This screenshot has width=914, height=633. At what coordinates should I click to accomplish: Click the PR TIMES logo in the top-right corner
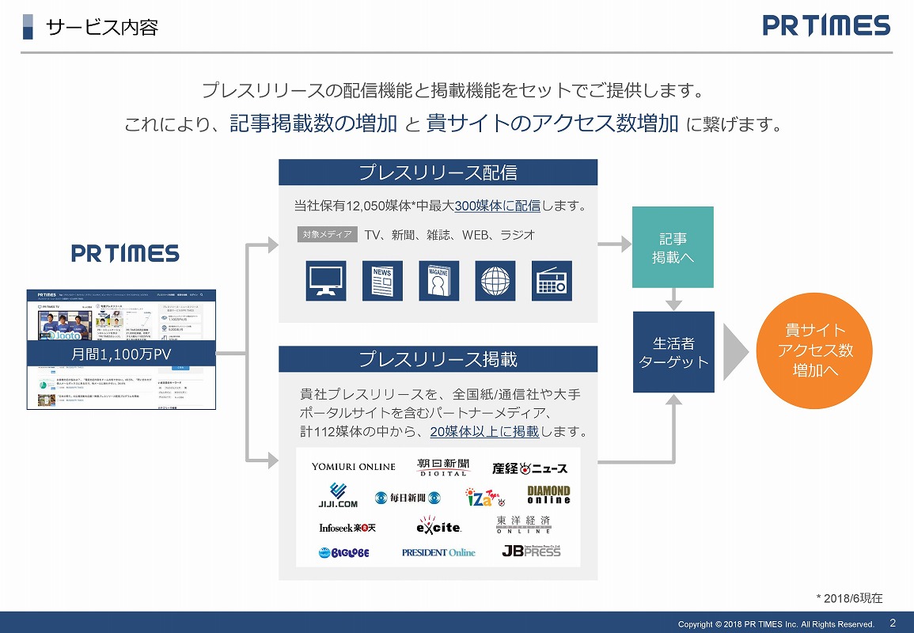(x=826, y=26)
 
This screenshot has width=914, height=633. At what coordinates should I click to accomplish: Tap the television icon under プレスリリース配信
(x=326, y=280)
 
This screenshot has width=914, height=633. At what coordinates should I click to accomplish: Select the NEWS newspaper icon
(x=382, y=280)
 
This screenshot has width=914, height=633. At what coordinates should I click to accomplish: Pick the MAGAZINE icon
(x=438, y=280)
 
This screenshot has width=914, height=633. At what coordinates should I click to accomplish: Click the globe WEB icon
(x=495, y=280)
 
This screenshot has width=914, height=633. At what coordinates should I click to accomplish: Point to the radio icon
(x=551, y=280)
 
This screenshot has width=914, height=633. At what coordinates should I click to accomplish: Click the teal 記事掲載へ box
(x=672, y=247)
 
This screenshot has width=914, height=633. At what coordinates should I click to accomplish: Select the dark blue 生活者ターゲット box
(x=673, y=352)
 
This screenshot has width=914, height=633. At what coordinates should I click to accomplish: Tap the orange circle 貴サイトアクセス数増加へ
(x=815, y=351)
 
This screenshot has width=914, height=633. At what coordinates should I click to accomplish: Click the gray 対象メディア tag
(x=327, y=235)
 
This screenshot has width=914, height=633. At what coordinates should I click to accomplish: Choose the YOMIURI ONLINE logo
(x=353, y=467)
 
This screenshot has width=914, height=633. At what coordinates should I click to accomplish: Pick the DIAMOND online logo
(x=548, y=495)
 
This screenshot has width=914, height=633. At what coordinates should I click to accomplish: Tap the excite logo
(x=438, y=525)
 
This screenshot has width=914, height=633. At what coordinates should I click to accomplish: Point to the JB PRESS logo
(x=531, y=550)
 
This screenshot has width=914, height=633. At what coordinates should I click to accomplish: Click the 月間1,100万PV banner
(x=121, y=354)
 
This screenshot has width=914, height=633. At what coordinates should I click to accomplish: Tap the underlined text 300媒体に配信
(x=498, y=207)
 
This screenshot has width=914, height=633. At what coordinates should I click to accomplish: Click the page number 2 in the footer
(x=893, y=623)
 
